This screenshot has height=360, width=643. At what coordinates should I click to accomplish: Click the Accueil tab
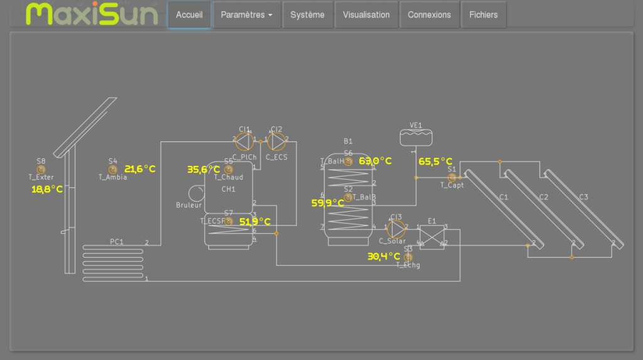tap(189, 15)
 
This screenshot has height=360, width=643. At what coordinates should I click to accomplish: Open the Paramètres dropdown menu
tap(246, 15)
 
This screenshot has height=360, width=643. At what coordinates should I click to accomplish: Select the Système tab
tap(307, 15)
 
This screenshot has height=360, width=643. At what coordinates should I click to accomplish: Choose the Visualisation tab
tap(366, 15)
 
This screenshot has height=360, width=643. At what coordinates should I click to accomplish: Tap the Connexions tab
tap(429, 15)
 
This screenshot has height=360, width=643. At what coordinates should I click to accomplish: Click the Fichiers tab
tap(484, 15)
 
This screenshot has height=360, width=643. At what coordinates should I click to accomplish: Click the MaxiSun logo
tap(92, 14)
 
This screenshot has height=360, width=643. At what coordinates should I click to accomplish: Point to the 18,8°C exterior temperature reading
tap(47, 188)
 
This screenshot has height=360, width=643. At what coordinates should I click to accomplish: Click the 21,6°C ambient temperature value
tap(139, 169)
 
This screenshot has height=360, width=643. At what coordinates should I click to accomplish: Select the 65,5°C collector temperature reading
tap(435, 161)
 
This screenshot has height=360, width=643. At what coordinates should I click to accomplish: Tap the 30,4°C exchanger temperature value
tap(384, 256)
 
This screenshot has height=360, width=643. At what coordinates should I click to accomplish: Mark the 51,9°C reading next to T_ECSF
tap(255, 222)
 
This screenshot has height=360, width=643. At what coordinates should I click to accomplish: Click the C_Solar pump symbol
tap(396, 227)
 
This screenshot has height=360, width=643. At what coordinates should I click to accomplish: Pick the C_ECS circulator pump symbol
tap(276, 139)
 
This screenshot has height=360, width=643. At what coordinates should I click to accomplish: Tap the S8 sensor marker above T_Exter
tap(41, 170)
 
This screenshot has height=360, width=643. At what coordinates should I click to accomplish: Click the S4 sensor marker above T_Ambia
tap(113, 170)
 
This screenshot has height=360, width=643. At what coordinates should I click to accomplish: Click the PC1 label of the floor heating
tap(117, 242)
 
